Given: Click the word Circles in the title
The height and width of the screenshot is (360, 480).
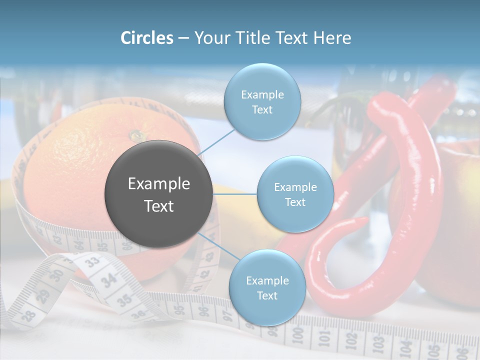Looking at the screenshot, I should (x=147, y=38).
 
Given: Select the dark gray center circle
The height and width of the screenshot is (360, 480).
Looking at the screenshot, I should (x=158, y=194).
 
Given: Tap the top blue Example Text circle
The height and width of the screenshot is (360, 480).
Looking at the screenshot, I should (x=262, y=102).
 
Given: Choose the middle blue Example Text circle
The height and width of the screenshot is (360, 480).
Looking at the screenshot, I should (x=295, y=194).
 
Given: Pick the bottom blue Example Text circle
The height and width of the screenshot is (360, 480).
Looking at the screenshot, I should (x=267, y=288).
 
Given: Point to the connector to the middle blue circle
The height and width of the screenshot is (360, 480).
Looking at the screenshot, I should (x=234, y=194).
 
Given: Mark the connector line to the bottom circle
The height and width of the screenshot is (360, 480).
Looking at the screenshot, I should (x=219, y=248).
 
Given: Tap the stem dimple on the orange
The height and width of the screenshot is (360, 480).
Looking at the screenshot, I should (x=136, y=135).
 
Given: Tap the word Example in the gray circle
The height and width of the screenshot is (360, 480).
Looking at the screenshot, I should (x=158, y=184).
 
